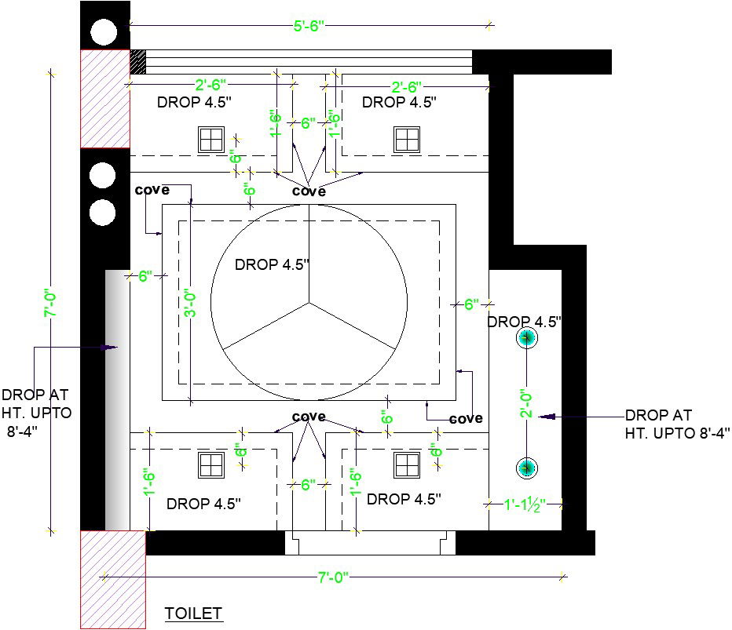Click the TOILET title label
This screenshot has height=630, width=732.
[193, 614]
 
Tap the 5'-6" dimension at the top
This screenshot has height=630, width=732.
[309, 26]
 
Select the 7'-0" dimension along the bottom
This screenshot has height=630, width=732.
[333, 577]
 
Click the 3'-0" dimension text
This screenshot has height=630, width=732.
[190, 304]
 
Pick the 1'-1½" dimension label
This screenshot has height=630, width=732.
[525, 504]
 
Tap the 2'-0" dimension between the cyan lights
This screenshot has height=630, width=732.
[526, 403]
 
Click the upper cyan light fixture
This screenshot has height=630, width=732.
[527, 337]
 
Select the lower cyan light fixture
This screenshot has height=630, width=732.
[527, 468]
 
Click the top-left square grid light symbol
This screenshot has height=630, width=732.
[211, 140]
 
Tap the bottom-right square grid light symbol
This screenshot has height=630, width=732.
[407, 465]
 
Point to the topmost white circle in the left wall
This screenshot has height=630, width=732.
[103, 33]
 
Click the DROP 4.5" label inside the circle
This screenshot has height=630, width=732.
[272, 264]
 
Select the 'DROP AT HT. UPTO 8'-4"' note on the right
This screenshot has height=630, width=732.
[677, 424]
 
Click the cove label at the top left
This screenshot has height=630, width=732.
[152, 190]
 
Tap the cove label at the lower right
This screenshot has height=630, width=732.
[466, 419]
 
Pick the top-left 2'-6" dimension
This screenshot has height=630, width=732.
[210, 85]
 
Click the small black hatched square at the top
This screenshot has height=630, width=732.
[137, 61]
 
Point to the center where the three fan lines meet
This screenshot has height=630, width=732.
[309, 303]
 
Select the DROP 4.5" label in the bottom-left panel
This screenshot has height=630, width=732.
[203, 504]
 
